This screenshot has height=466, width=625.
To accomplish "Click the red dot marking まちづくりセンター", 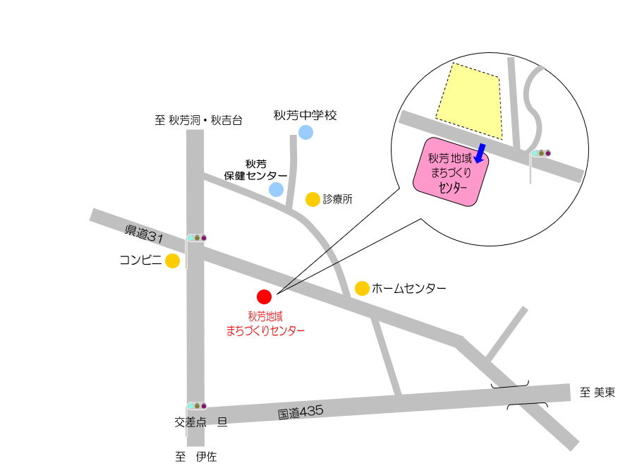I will coord(264,297).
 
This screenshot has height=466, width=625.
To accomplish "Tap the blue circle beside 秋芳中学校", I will coord(305,132).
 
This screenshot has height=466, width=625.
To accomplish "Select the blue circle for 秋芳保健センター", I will coord(276,189).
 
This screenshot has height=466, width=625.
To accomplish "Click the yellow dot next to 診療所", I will coord(312,200).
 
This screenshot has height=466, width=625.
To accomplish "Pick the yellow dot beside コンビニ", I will coord(172,261).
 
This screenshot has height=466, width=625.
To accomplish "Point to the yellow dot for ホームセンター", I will coord(362,288).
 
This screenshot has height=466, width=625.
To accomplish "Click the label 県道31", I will coord(144,234).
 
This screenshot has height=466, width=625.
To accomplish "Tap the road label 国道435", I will coord(300,412).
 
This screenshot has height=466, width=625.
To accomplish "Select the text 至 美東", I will coord(597,393).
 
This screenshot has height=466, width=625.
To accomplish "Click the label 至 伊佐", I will coord(196,457).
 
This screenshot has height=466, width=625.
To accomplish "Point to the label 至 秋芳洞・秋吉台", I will coord(198,120).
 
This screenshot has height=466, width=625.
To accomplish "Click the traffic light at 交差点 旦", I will coord(197,406).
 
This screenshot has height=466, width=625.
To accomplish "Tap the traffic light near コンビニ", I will coord(197,238).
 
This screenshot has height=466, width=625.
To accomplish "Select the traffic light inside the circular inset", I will coord(541,153).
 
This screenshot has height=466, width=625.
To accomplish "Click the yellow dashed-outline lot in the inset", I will coord(470,100).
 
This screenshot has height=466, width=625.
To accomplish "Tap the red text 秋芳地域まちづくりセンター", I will coord(265,324).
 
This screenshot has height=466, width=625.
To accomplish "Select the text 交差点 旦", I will coord(201,422).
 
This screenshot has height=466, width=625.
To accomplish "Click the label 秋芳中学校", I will coord(305,114).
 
